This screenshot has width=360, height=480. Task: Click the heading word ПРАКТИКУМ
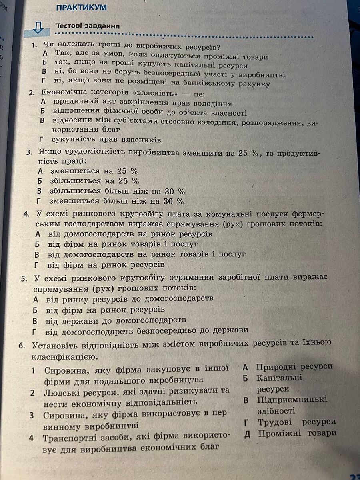tap(82, 8)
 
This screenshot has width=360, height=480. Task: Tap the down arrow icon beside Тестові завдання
tap(38, 28)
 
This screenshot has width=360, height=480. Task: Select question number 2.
tap(32, 93)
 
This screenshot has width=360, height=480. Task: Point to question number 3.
tap(29, 152)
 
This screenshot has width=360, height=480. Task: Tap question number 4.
tap(26, 214)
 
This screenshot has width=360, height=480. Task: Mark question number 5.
tap(24, 278)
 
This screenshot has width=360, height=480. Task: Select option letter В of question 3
tap(39, 191)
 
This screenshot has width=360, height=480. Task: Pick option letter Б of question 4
tap(37, 244)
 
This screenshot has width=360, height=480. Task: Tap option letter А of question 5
tap(36, 299)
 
